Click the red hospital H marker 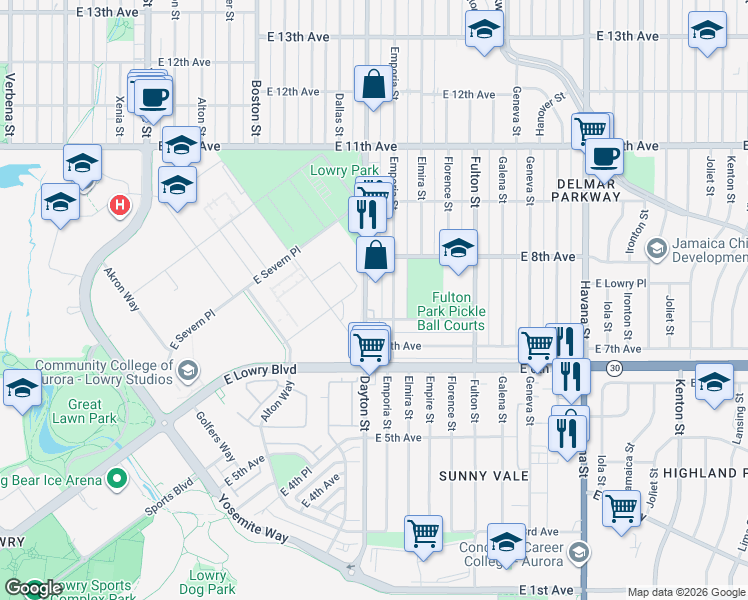pyautogui.click(x=120, y=206)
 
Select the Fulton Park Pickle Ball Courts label pyautogui.click(x=458, y=311)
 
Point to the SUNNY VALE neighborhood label pyautogui.click(x=483, y=476)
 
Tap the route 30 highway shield pyautogui.click(x=613, y=369)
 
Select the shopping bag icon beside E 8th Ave pyautogui.click(x=375, y=255)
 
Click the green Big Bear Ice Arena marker pyautogui.click(x=117, y=480)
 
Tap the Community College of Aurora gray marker pyautogui.click(x=186, y=373)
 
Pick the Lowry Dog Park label pyautogui.click(x=208, y=582)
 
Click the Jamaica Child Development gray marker pyautogui.click(x=657, y=247)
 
